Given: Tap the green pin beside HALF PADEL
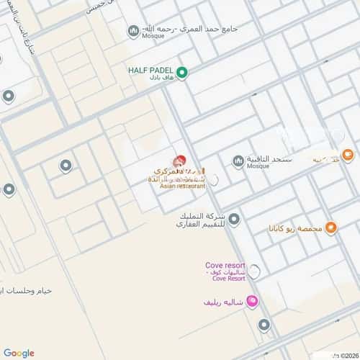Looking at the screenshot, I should click(x=182, y=72).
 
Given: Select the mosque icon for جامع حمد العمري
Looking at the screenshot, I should click(x=133, y=30).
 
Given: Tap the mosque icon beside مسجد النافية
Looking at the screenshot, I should click(x=238, y=161).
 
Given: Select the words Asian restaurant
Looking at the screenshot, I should click(x=183, y=186).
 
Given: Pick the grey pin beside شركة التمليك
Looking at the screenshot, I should click(x=234, y=219).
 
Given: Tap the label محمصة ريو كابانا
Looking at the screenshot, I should click(x=295, y=229).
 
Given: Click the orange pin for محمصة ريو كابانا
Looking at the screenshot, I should click(x=330, y=228).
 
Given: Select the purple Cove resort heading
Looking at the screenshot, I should click(x=225, y=266).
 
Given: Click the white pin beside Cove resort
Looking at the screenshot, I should click(x=254, y=271).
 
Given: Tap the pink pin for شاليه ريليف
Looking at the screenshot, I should click(x=251, y=301).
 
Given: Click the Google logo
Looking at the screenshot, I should click(x=19, y=353).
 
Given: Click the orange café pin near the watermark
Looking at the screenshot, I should click(x=347, y=153).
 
